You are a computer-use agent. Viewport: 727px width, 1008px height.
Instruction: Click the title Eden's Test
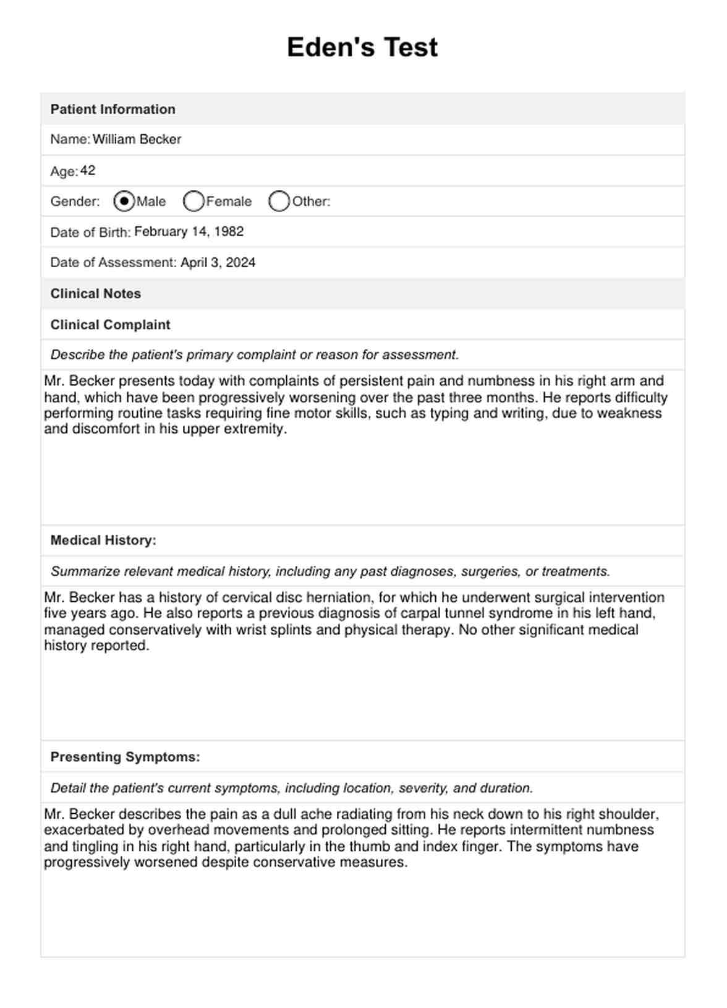362,48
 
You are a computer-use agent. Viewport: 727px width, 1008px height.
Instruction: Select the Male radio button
124,201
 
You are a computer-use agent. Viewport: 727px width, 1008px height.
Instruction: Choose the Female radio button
193,201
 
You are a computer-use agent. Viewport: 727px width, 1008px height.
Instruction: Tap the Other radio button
279,201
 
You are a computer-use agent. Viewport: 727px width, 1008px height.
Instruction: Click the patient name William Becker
137,140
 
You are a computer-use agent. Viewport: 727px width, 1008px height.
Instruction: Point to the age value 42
88,171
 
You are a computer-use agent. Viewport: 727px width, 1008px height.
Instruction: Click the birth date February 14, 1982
189,232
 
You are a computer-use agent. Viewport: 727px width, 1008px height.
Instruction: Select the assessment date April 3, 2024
218,263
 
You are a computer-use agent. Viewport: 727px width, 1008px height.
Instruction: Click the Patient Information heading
113,109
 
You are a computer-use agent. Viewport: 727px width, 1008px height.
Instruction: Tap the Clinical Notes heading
95,294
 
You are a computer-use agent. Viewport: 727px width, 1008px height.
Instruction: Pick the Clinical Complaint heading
110,325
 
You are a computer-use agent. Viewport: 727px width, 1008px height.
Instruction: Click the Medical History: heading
103,540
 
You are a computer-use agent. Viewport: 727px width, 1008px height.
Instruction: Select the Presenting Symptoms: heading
125,757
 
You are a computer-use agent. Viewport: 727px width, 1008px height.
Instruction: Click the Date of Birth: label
90,233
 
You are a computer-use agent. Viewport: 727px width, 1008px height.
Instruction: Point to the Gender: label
75,202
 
